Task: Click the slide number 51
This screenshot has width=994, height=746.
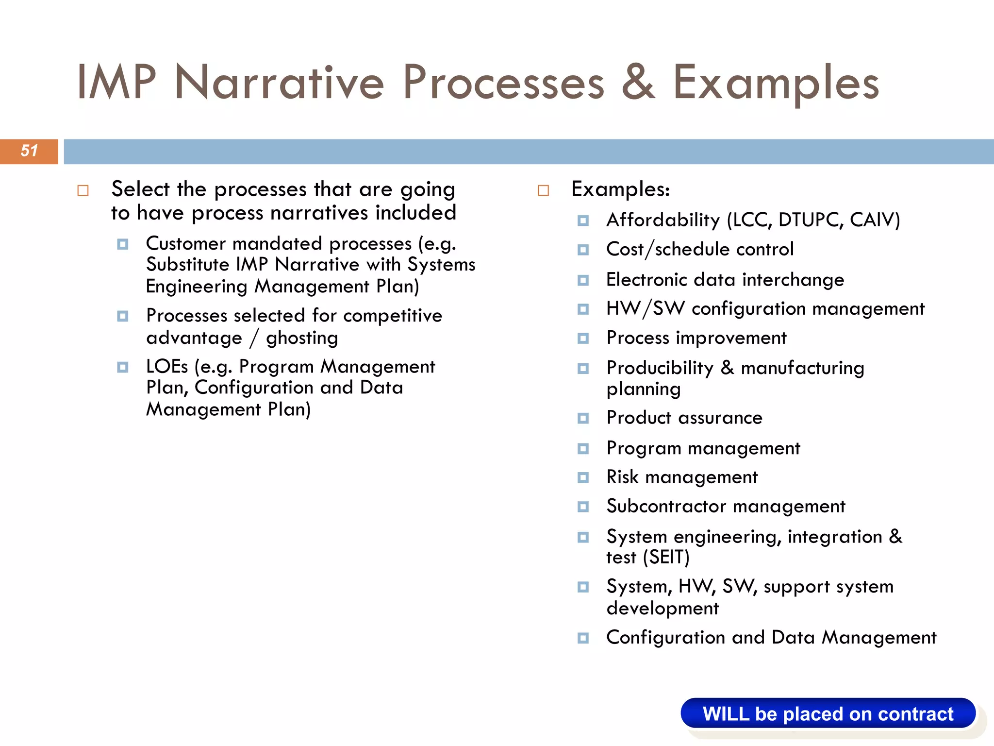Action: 29,151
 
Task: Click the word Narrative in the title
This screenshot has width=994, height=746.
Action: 280,83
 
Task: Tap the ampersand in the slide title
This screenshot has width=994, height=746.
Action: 638,83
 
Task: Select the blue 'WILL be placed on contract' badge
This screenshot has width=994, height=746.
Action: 828,713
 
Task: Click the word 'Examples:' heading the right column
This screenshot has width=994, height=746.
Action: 620,189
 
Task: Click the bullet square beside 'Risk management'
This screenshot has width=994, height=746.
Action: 583,478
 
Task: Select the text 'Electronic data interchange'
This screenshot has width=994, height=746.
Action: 725,280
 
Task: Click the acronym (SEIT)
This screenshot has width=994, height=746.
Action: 666,557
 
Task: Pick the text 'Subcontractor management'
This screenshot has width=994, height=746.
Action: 726,507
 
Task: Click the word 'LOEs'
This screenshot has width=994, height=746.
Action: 166,367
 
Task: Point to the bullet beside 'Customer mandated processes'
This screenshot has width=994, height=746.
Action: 123,244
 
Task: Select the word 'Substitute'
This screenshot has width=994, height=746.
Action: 187,265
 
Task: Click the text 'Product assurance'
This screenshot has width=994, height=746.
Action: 684,418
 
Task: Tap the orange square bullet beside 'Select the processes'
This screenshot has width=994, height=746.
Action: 83,190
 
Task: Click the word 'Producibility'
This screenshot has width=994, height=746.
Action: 660,368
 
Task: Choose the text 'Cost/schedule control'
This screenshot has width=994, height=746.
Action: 700,250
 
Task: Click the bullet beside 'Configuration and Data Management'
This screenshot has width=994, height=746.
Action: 583,638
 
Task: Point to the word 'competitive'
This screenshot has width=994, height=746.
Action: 392,316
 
